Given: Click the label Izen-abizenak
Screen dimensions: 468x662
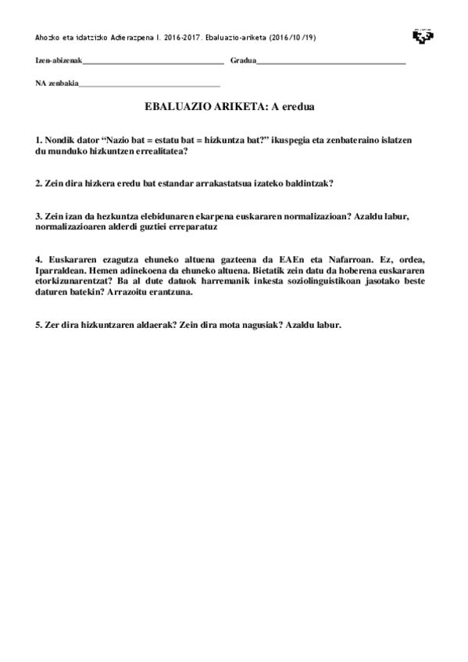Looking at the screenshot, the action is coord(59,61).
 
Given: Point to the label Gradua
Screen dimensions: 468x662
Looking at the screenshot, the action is coord(243,61).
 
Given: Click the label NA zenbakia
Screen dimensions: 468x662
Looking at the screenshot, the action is coord(57,84).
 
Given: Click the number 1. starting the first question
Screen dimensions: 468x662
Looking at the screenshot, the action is coord(38,139).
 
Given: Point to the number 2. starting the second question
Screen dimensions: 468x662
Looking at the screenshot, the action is coord(38,183).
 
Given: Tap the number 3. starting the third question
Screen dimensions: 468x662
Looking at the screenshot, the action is coord(38,216).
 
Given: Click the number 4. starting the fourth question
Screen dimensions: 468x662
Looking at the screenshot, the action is coord(38,259).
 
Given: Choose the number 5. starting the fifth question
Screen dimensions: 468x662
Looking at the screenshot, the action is coord(38,324).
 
